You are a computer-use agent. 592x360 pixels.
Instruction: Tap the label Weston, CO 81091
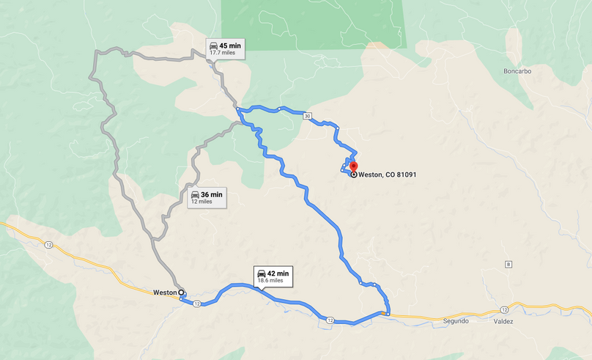coord(388,175)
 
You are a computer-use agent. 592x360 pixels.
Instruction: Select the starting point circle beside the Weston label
coord(182,292)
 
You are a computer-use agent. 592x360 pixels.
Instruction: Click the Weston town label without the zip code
coord(164,292)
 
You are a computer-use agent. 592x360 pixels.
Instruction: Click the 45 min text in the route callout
coord(229,45)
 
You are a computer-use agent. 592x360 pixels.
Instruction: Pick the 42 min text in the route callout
coord(278,273)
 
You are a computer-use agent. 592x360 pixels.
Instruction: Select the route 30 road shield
coord(307,116)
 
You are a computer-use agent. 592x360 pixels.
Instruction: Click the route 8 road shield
coord(508,264)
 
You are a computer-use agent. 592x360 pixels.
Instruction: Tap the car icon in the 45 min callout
coord(212,45)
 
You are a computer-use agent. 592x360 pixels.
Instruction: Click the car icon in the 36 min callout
coord(194,194)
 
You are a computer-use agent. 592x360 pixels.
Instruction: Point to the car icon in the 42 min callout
coord(262,273)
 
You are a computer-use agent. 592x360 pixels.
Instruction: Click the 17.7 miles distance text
coord(223,53)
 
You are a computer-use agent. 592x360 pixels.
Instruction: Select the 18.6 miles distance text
coord(270,281)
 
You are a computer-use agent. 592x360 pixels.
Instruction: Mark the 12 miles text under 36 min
coord(201,202)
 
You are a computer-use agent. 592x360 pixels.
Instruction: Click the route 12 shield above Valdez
coord(505,309)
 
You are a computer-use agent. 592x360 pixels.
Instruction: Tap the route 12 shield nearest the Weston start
coord(197,304)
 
